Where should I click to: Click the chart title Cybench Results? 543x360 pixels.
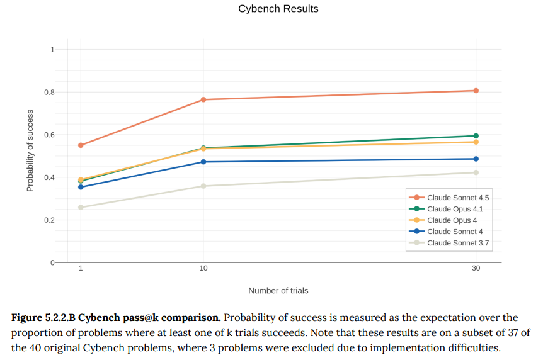(x=278, y=9)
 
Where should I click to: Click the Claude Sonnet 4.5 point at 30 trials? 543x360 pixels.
(x=476, y=91)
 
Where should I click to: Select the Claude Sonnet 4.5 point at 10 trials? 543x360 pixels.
(x=203, y=99)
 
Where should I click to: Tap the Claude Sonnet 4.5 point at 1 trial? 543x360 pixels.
(x=81, y=145)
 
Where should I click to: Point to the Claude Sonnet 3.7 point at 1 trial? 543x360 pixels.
(x=81, y=207)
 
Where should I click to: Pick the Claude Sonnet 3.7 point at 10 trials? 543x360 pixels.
(x=203, y=186)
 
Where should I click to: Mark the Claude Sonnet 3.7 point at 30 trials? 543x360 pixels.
(x=476, y=172)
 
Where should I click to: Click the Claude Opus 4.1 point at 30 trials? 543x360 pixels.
(x=476, y=136)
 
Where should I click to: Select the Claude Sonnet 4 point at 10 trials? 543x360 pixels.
(x=203, y=162)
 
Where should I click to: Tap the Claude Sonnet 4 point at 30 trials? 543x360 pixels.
(x=476, y=159)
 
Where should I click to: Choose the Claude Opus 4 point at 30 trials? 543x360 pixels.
(x=476, y=142)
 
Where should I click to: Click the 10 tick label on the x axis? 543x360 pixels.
(x=203, y=268)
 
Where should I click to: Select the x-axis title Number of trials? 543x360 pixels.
(x=278, y=291)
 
